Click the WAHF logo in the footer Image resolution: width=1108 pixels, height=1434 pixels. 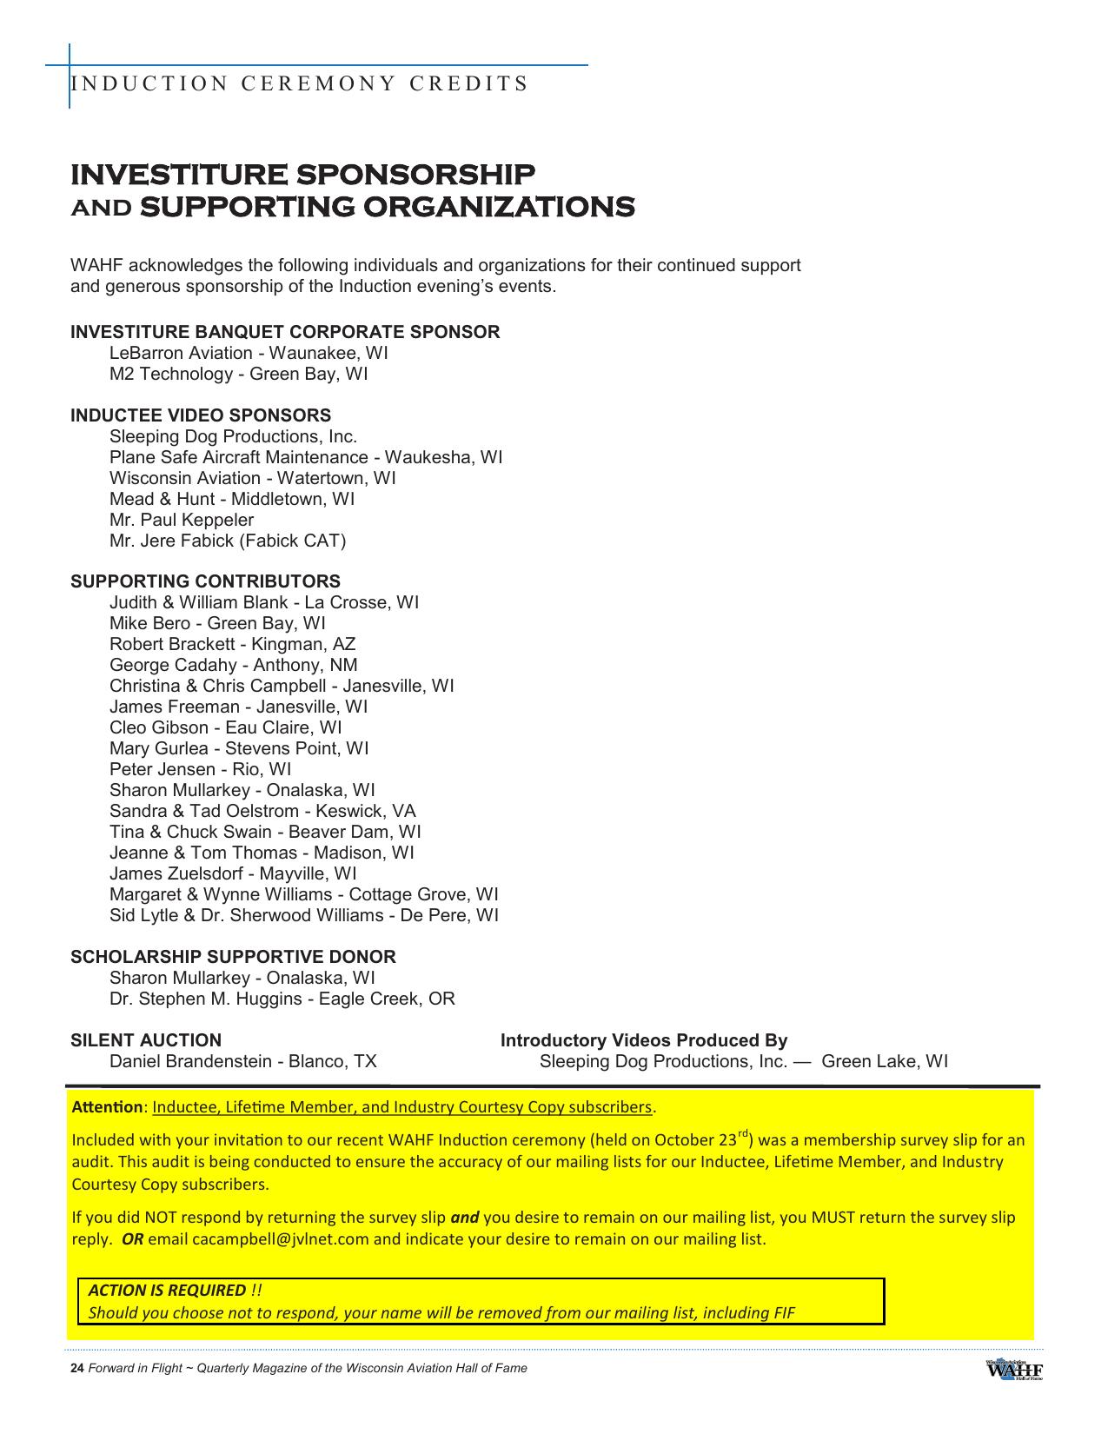tap(1014, 1368)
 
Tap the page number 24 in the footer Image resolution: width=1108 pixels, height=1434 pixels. tap(76, 1368)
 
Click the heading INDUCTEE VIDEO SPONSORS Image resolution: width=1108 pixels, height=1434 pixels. tap(201, 415)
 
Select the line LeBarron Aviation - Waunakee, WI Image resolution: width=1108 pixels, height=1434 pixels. tap(249, 353)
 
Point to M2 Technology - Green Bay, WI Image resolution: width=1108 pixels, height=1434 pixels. tap(238, 374)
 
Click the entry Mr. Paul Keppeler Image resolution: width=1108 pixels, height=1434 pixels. tap(182, 520)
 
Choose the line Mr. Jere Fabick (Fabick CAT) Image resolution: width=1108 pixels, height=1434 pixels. tap(228, 541)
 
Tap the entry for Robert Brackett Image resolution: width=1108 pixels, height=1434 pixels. tap(232, 644)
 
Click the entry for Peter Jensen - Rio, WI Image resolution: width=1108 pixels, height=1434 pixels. tap(200, 769)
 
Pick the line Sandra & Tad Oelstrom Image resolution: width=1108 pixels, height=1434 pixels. tap(262, 811)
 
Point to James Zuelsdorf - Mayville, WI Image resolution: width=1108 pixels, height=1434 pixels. tap(233, 873)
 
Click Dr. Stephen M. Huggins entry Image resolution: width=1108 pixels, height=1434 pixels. tap(282, 999)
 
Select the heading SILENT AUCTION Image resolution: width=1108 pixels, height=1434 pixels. tap(146, 1040)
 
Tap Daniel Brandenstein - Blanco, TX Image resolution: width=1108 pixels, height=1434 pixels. tap(243, 1061)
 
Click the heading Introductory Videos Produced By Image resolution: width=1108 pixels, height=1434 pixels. tap(644, 1040)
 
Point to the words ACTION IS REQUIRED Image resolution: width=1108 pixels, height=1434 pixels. tap(167, 1291)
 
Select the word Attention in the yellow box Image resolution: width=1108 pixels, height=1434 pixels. tap(107, 1107)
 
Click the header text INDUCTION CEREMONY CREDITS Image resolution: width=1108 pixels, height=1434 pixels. tap(299, 84)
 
